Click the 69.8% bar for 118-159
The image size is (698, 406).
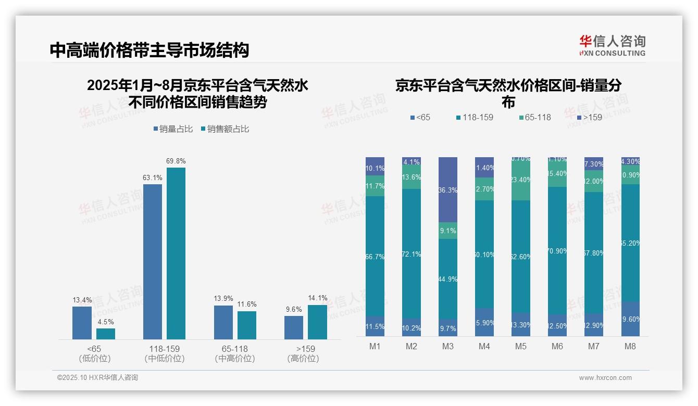click(176, 253)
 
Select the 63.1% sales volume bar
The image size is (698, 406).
click(152, 262)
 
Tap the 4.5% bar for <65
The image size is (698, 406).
click(106, 334)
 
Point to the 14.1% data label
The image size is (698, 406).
click(317, 298)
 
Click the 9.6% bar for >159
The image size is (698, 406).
click(294, 327)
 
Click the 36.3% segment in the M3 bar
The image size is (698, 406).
click(448, 189)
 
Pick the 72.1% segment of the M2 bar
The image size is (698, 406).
click(412, 253)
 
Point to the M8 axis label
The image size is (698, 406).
click(630, 347)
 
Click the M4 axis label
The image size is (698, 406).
click(484, 347)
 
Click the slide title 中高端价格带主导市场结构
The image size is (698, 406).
click(149, 50)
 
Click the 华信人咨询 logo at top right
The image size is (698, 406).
click(612, 45)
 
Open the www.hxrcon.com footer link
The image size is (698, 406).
click(605, 378)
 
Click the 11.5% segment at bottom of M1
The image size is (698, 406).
click(375, 326)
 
